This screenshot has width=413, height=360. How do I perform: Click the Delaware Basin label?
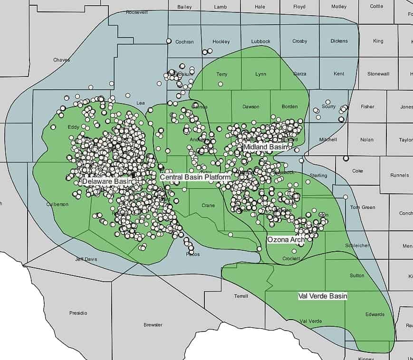(106, 181)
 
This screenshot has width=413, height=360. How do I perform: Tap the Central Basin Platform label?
(195, 177)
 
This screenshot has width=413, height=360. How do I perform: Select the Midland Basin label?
(266, 147)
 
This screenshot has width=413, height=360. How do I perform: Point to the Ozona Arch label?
(286, 240)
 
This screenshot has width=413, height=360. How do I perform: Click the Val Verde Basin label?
(322, 296)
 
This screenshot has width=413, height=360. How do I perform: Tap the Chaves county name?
(62, 60)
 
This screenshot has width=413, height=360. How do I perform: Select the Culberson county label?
(58, 204)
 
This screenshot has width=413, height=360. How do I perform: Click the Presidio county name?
(78, 313)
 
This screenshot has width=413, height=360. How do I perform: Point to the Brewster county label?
(153, 325)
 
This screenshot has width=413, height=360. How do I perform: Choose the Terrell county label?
(241, 296)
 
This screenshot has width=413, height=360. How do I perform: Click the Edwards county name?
(375, 314)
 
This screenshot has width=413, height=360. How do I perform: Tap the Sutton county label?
(357, 275)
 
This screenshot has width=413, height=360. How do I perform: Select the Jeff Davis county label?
(86, 259)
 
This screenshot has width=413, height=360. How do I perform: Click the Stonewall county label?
(378, 74)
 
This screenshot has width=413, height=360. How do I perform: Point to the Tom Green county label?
(363, 207)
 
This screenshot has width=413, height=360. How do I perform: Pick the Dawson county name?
(250, 107)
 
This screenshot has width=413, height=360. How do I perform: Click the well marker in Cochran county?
(168, 41)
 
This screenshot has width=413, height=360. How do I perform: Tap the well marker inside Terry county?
(221, 84)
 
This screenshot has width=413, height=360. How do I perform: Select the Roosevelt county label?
(137, 13)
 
